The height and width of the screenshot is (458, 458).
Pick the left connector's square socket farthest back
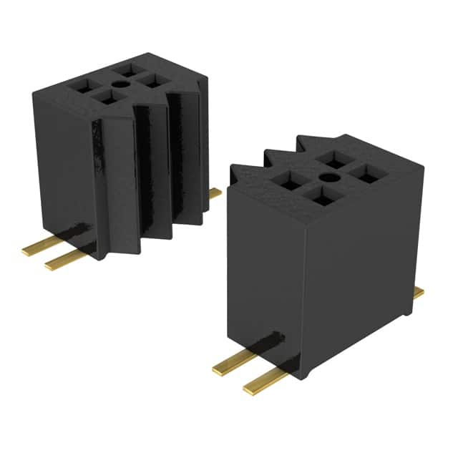(130, 69)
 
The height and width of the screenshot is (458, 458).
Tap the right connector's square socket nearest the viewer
(324, 197)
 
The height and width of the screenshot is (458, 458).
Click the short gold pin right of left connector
(215, 193)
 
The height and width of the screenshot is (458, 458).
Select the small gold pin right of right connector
(419, 292)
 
